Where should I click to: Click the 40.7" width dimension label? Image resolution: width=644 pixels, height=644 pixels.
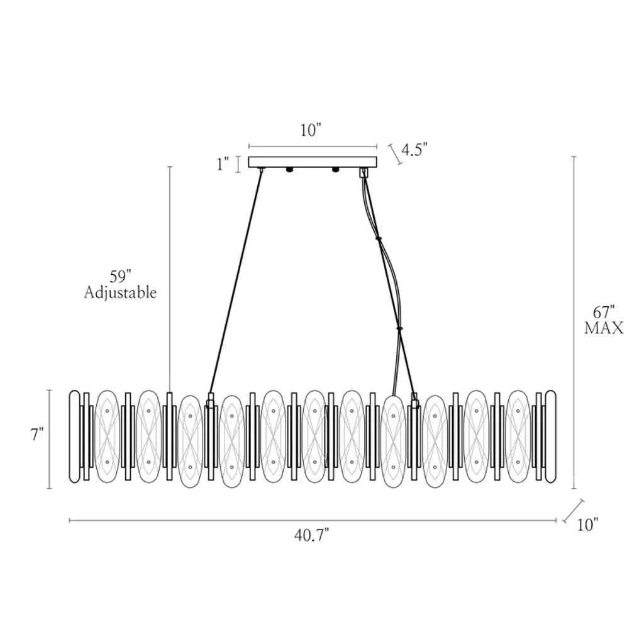[311, 535]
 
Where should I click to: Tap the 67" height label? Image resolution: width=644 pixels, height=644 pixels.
[604, 313]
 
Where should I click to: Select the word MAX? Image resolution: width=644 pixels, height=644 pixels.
[604, 328]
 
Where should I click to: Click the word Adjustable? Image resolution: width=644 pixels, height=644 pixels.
[120, 292]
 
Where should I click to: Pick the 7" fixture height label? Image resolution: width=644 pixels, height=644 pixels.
[38, 434]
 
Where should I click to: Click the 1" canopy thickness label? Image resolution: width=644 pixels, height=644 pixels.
[223, 164]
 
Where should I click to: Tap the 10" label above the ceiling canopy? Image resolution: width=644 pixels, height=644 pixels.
[311, 130]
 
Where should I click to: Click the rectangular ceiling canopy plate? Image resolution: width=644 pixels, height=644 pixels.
[313, 162]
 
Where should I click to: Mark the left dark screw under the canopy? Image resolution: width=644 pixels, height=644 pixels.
[290, 169]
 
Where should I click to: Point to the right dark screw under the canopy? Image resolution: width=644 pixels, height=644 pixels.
[335, 169]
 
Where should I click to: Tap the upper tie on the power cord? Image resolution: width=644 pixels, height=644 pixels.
[378, 238]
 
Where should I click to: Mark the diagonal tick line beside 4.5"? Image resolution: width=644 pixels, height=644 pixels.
[396, 155]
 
